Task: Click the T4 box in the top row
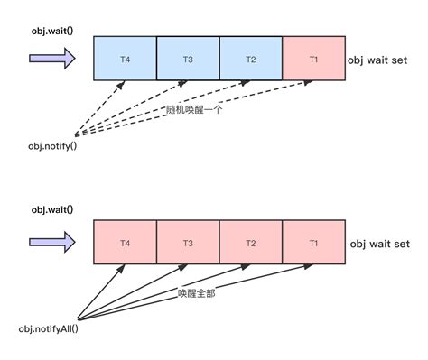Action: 125,59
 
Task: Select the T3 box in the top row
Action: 188,59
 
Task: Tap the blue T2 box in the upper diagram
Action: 251,59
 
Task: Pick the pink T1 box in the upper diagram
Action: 314,59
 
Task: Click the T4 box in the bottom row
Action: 125,244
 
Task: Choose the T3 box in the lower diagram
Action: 188,244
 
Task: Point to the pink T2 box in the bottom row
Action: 251,244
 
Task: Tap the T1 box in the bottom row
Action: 314,244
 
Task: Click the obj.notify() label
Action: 52,145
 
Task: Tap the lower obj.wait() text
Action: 52,210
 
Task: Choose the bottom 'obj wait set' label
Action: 379,244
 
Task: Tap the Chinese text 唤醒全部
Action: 196,293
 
